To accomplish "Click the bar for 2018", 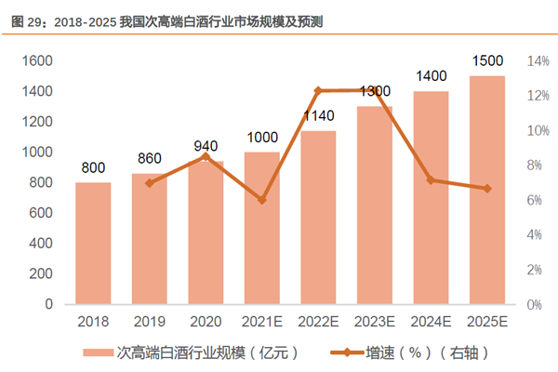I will point(93,243).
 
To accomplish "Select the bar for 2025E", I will point(487,190).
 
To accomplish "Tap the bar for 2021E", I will point(262,228).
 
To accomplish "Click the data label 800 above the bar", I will point(93,168).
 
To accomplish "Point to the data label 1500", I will point(487,61).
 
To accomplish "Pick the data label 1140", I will point(318,116).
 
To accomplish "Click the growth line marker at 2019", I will point(150,182).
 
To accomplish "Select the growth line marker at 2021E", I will point(262,200).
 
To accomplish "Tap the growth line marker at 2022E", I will point(318,91).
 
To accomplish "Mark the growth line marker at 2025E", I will point(487,189).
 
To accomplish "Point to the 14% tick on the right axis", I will point(538,61).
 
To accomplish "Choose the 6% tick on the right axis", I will point(536,200).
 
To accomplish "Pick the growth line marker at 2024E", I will point(431,179).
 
